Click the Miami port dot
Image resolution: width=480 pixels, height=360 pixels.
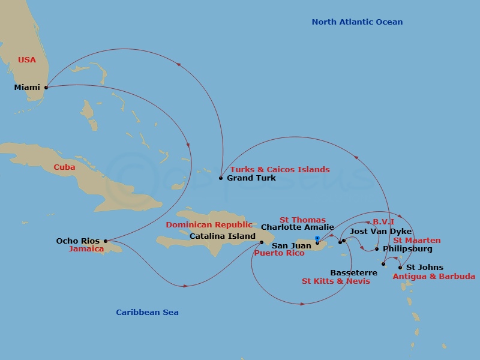click(x=46, y=87)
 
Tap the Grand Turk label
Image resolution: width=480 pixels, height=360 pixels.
click(x=251, y=178)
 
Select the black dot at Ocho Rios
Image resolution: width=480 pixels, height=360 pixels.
click(x=105, y=241)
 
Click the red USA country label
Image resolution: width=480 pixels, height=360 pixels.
click(x=27, y=60)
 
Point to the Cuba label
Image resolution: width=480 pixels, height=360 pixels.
click(x=64, y=167)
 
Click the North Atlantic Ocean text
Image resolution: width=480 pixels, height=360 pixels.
click(x=357, y=22)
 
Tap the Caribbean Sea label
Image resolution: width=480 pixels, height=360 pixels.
click(x=147, y=313)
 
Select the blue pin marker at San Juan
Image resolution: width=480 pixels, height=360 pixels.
click(x=317, y=239)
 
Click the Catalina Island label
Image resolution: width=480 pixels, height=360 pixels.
click(x=222, y=236)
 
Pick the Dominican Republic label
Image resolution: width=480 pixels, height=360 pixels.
click(x=209, y=225)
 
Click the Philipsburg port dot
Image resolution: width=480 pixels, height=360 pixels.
click(x=377, y=249)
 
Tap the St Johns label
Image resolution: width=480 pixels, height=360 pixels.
click(x=425, y=268)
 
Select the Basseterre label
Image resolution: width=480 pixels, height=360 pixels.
click(x=353, y=273)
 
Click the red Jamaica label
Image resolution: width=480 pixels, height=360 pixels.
click(x=86, y=249)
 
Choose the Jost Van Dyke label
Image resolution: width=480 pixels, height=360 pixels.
click(x=380, y=232)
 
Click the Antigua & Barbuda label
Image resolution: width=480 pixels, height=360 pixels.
click(x=433, y=277)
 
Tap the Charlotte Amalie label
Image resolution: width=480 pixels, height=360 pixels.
click(x=297, y=227)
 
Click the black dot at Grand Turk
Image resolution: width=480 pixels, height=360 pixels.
click(x=221, y=178)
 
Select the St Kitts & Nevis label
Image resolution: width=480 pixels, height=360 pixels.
click(x=335, y=281)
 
